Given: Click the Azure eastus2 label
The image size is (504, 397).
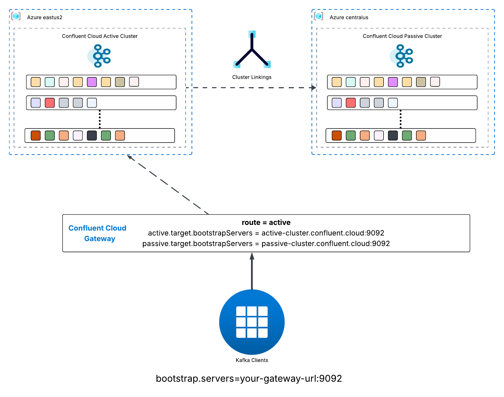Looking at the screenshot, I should [45, 17].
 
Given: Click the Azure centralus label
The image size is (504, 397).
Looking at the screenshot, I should [349, 17].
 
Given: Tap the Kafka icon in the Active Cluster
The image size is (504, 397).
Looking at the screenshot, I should [99, 56].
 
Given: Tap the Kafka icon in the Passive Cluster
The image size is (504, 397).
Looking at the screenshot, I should [402, 56].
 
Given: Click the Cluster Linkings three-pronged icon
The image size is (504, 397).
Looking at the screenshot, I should [252, 50].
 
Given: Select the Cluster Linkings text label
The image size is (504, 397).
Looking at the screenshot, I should [252, 77].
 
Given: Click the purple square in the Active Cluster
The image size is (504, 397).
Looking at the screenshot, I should [92, 82].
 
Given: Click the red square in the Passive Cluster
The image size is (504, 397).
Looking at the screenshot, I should [351, 103].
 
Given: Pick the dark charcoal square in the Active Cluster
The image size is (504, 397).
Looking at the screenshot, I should [92, 136].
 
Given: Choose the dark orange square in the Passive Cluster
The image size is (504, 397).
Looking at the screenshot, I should [336, 136].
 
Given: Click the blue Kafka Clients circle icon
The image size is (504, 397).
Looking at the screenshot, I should [252, 322].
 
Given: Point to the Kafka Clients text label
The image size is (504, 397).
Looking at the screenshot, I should [252, 360].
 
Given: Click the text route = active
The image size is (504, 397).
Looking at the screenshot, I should [266, 222].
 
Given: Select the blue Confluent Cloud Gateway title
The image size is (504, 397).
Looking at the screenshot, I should [98, 233].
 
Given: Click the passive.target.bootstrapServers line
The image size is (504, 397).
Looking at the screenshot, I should [266, 244].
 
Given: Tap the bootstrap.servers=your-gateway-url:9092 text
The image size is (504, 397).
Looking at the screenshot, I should [249, 379].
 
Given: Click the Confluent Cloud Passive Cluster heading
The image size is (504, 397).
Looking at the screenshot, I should [402, 36].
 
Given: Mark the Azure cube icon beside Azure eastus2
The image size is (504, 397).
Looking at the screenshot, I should [16, 16].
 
